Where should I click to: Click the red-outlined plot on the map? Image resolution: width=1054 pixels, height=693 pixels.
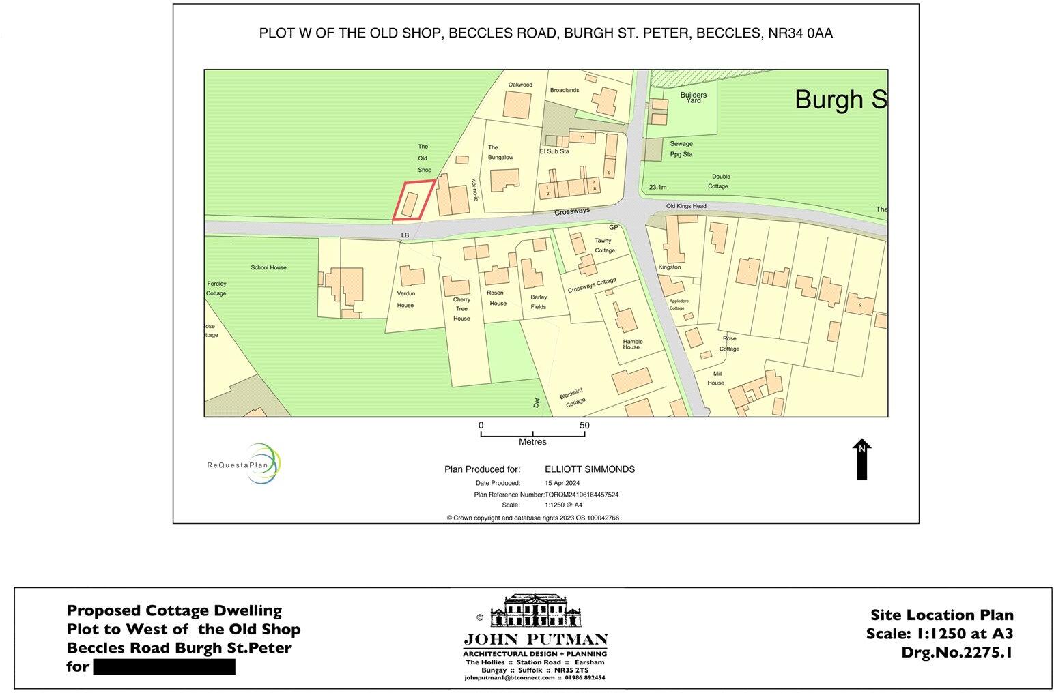[x=413, y=201]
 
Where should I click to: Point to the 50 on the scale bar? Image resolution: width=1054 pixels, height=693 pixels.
[x=584, y=425]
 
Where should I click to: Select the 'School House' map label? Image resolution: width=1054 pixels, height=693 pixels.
[x=268, y=267]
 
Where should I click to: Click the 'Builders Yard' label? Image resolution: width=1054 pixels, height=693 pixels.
[x=694, y=98]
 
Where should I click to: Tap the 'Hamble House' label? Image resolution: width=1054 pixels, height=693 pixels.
[x=632, y=344]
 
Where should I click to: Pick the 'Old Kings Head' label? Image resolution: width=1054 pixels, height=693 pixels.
[x=686, y=206]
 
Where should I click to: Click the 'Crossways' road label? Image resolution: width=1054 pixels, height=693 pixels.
[x=571, y=212]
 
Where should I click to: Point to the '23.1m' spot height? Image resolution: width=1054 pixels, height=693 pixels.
[x=658, y=187]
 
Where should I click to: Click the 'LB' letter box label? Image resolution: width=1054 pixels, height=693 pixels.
[x=405, y=235]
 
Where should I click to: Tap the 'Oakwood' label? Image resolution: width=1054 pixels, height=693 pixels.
[x=520, y=85]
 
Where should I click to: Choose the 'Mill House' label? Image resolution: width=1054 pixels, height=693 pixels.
[x=716, y=379]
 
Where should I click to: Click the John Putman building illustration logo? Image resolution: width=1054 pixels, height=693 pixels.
[x=536, y=610]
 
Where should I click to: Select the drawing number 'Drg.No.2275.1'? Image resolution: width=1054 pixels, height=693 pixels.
[x=957, y=652]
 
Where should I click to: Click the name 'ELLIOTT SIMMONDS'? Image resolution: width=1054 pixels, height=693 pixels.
[x=590, y=469]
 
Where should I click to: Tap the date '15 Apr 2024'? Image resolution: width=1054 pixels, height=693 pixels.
[x=561, y=483]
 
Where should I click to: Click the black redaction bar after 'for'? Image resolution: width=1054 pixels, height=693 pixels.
[x=164, y=666]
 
